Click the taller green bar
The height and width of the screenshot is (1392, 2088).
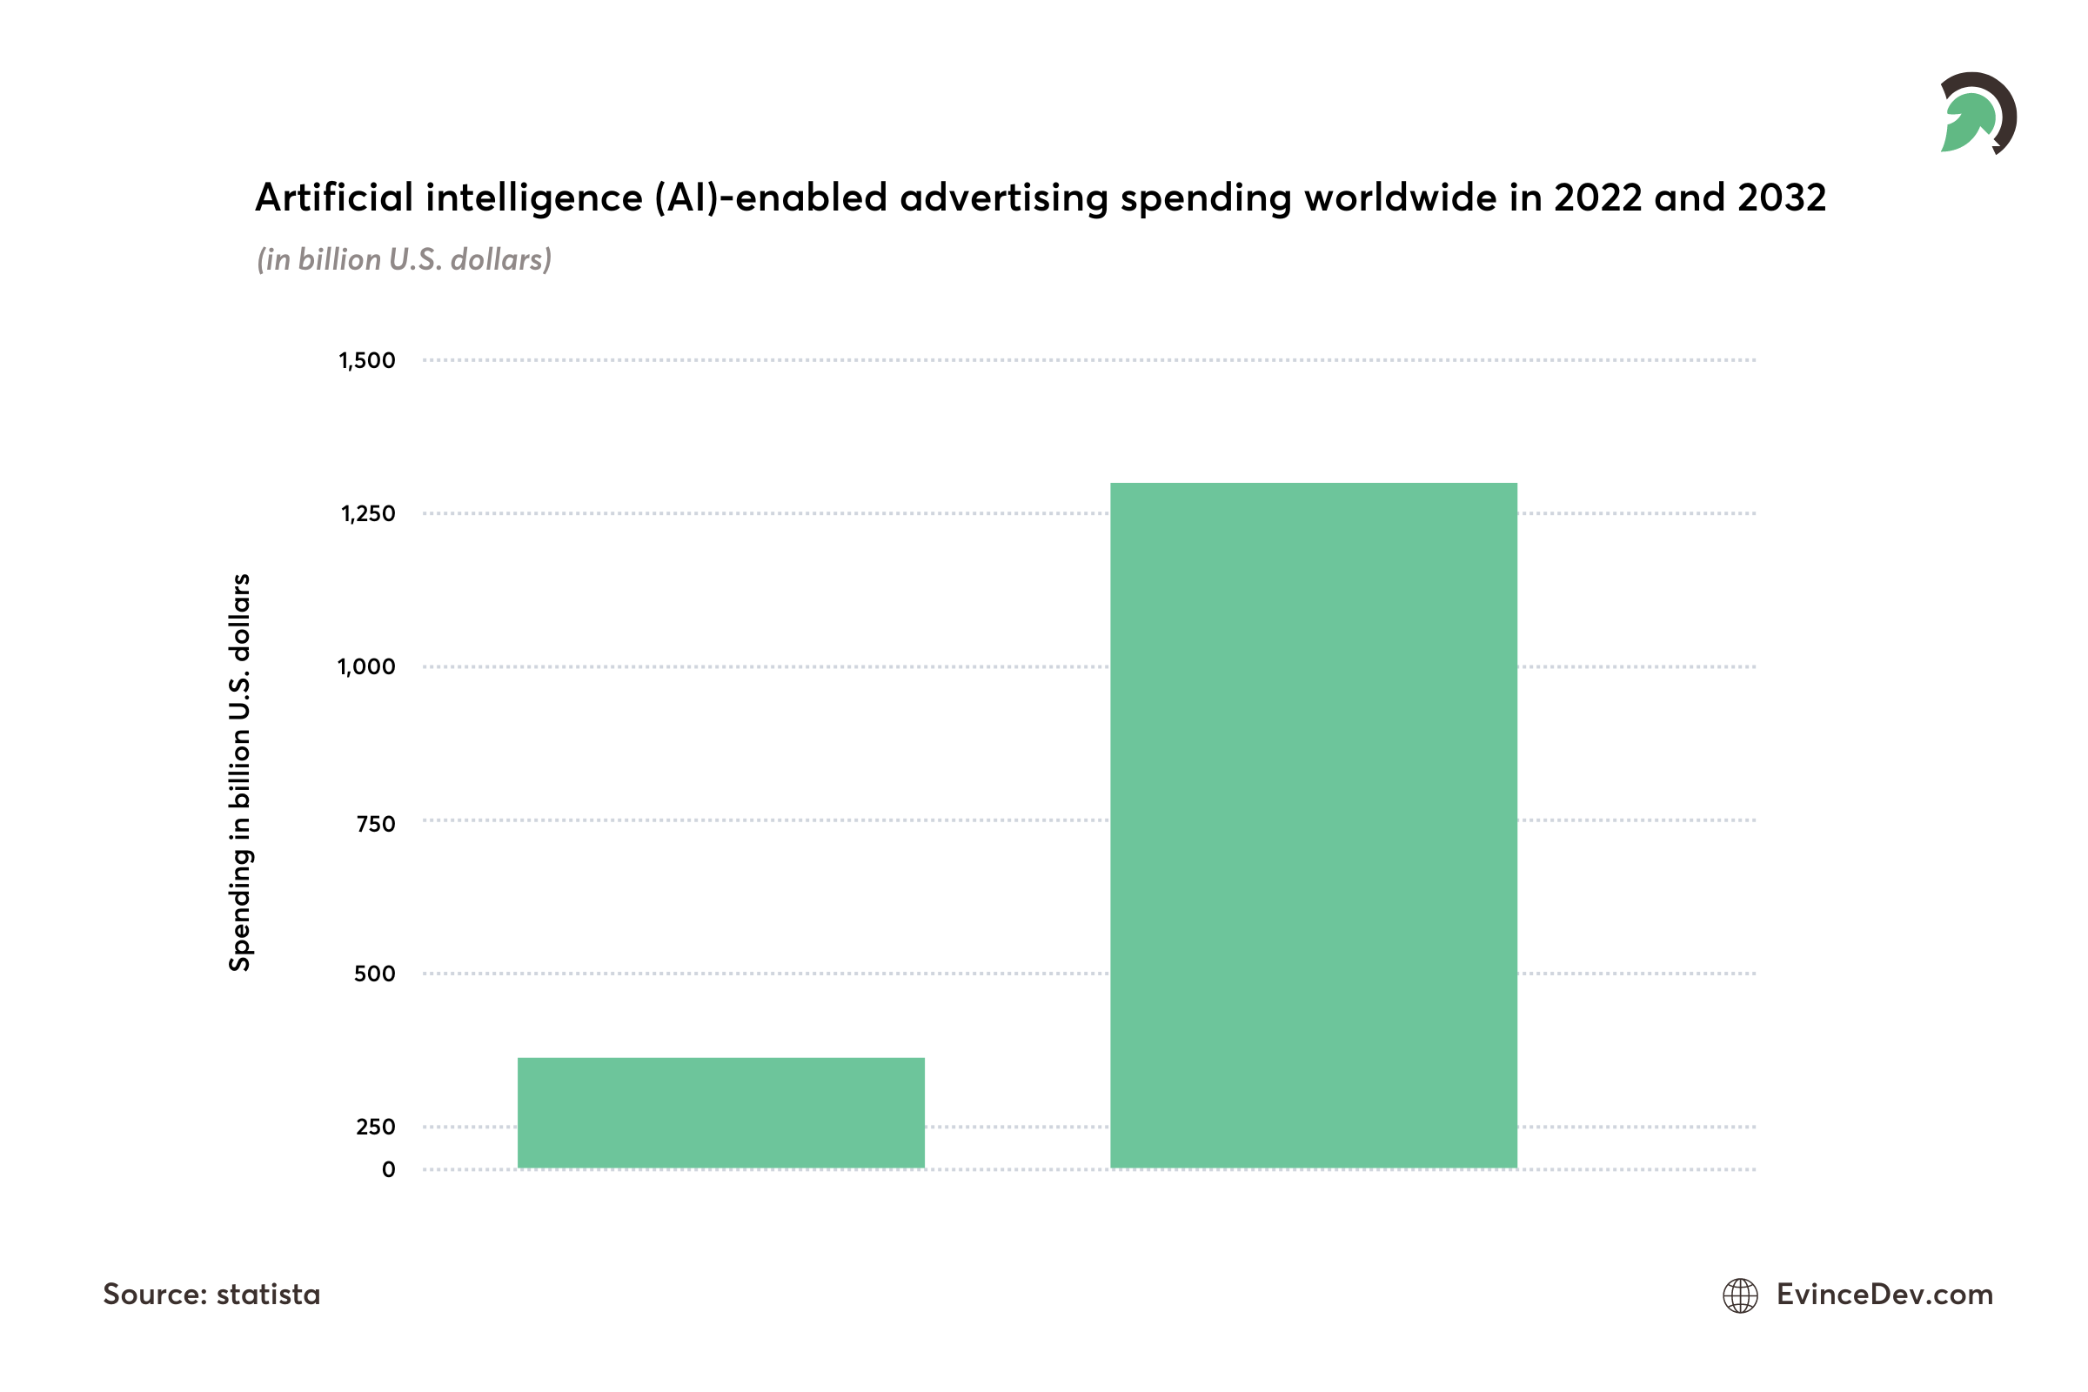click(x=1313, y=826)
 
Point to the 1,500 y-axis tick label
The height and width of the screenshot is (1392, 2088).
click(x=366, y=360)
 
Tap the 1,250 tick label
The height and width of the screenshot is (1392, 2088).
click(x=367, y=514)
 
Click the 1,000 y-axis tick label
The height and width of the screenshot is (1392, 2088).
click(x=365, y=666)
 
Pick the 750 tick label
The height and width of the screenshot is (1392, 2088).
click(x=376, y=824)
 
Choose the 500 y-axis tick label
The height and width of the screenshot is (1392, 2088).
click(x=375, y=974)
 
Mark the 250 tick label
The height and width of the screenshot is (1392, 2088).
click(x=376, y=1128)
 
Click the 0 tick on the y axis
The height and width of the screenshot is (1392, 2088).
click(x=388, y=1169)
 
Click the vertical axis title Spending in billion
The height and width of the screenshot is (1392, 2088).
click(x=240, y=773)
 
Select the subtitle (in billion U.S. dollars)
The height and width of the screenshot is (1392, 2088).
click(x=404, y=259)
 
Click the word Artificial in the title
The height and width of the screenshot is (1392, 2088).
click(x=334, y=197)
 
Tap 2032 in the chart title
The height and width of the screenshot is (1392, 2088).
click(x=1782, y=197)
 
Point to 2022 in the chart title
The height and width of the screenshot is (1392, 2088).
click(x=1598, y=197)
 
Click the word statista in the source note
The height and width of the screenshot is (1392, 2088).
click(x=268, y=1295)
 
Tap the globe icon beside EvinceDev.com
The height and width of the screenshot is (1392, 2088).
click(x=1740, y=1295)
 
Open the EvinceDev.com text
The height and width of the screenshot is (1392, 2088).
click(x=1884, y=1295)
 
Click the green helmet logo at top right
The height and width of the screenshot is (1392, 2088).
click(x=1978, y=114)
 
